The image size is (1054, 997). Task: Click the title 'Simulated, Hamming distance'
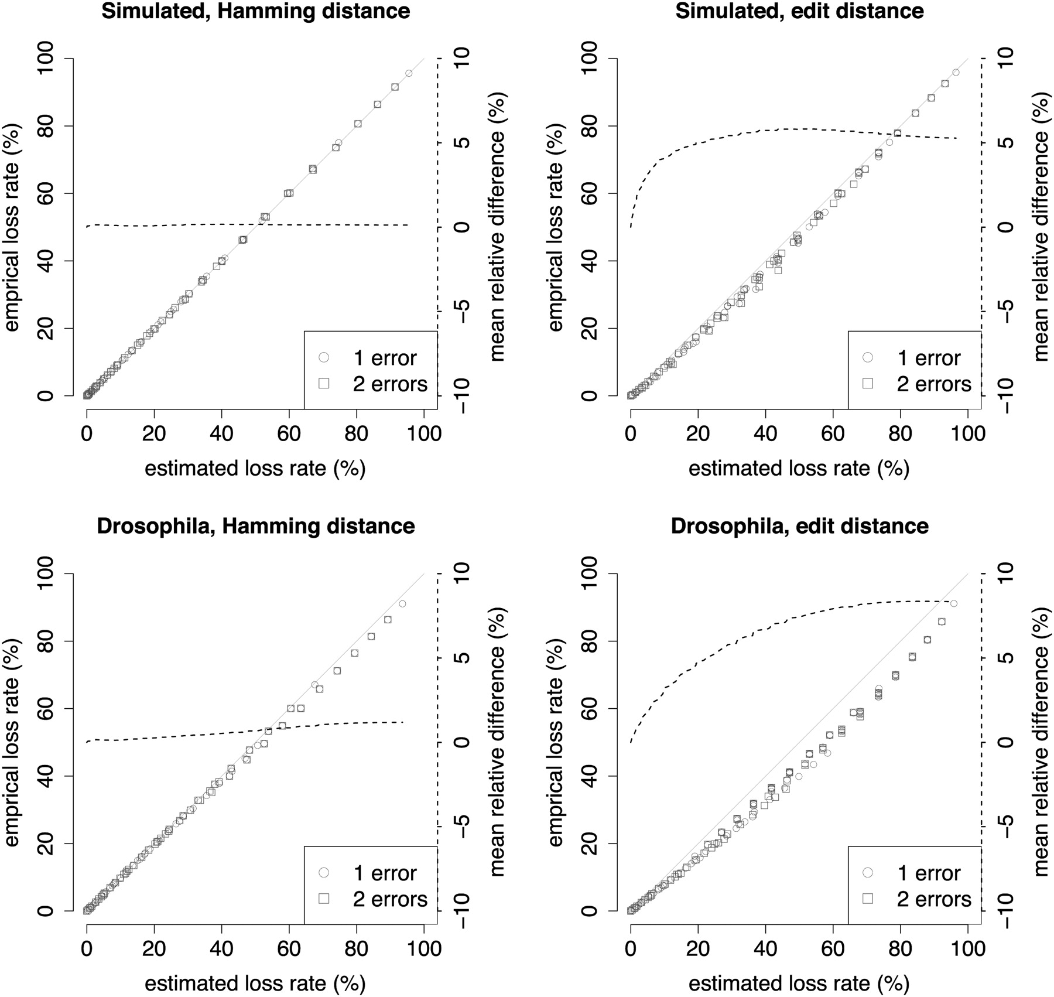point(256,11)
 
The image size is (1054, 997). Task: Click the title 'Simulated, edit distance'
point(799,11)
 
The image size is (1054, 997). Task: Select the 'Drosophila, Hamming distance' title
point(256,525)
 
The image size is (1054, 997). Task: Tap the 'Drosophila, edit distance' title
point(799,525)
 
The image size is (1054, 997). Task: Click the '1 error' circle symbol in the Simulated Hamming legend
point(324,357)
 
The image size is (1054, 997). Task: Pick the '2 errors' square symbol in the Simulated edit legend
point(868,384)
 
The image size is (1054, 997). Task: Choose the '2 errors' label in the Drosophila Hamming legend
point(390,899)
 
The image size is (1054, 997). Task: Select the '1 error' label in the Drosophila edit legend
point(929,873)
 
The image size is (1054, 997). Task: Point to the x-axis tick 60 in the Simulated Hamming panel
point(289,434)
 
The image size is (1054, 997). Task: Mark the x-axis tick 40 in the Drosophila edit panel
point(765,949)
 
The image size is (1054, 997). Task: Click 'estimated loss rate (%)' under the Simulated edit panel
point(799,469)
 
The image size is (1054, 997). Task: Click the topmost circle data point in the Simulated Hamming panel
point(409,73)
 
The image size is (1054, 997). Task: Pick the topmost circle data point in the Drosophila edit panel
point(953,603)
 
